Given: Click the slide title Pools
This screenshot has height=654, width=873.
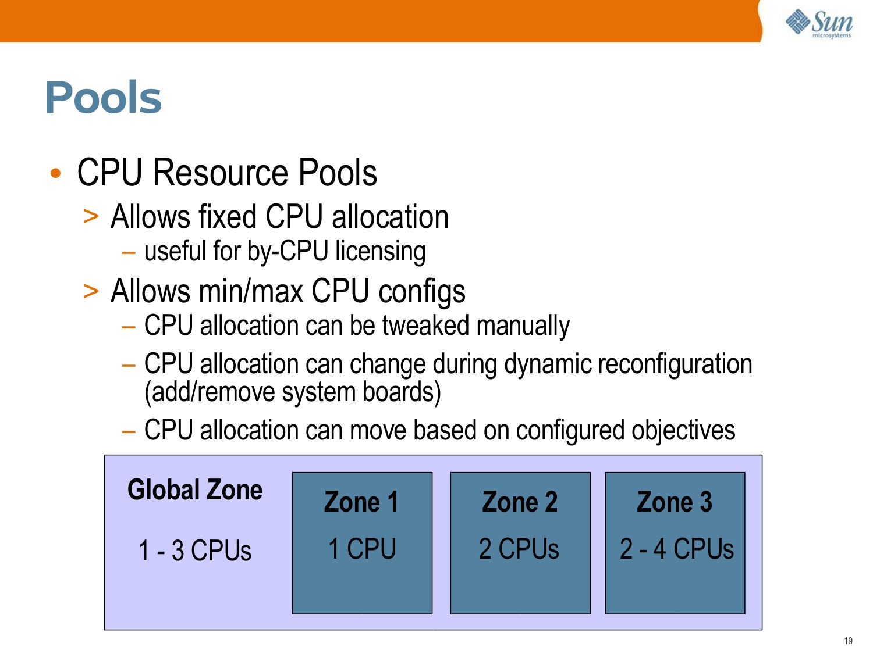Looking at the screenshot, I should [103, 97].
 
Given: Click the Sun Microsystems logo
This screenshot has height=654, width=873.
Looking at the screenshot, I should [819, 23].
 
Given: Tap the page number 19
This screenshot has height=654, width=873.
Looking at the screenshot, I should [848, 641].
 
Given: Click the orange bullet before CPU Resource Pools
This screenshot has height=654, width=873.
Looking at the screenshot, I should [55, 173].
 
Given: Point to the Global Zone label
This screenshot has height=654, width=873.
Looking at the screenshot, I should [195, 489].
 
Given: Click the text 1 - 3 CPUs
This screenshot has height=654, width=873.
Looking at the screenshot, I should [195, 550].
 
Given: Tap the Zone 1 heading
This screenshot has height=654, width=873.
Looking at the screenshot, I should [361, 502].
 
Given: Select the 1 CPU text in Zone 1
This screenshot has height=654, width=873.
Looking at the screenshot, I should [362, 548].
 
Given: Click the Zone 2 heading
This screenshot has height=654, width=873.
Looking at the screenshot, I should [520, 502].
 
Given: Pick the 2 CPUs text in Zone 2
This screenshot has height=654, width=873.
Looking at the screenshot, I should [519, 548].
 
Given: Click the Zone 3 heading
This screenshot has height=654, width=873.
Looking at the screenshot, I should [675, 502].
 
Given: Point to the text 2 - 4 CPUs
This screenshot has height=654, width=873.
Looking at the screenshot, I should [676, 548].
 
